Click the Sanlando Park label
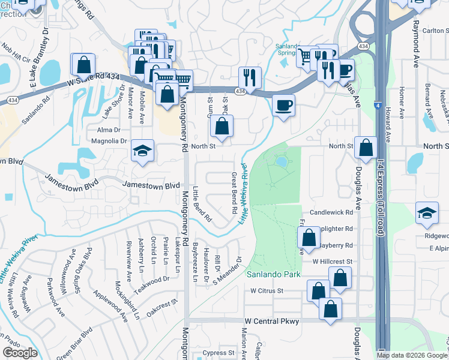(x=274, y=274)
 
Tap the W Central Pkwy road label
(x=272, y=322)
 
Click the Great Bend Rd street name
(x=233, y=194)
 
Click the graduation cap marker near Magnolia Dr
(x=143, y=151)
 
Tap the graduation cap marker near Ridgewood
(x=426, y=214)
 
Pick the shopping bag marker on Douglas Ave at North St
(x=365, y=148)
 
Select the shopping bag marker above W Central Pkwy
(x=330, y=309)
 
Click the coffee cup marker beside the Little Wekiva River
(x=283, y=106)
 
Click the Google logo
(x=20, y=353)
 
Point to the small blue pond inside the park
(x=280, y=161)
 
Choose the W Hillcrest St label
(x=331, y=262)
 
